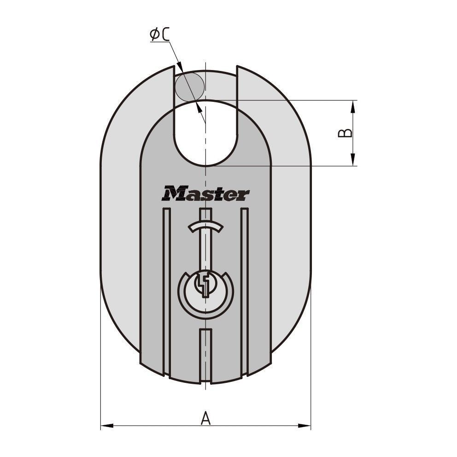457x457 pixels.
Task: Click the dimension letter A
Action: [x=206, y=418]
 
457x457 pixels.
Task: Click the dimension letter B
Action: [x=345, y=133]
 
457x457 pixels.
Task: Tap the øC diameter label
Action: [x=160, y=35]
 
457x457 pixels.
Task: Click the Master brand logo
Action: [x=205, y=193]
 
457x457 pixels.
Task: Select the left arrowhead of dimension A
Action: [x=107, y=426]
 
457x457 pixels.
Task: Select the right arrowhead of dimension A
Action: [x=304, y=426]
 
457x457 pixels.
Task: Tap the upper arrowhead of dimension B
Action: [x=353, y=106]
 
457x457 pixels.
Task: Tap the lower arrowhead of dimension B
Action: [x=353, y=160]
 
